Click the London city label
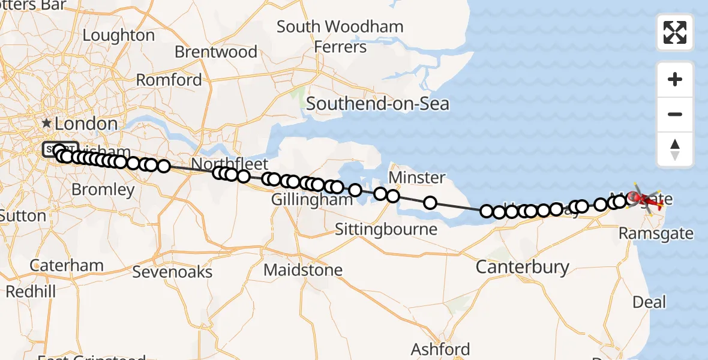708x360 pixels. pyautogui.click(x=86, y=124)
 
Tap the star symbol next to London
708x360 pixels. pyautogui.click(x=47, y=123)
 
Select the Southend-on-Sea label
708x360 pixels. pyautogui.click(x=377, y=104)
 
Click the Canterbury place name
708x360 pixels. pyautogui.click(x=522, y=267)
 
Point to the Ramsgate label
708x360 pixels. pyautogui.click(x=656, y=233)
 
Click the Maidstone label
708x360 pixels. pyautogui.click(x=303, y=270)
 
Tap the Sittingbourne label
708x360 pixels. pyautogui.click(x=386, y=229)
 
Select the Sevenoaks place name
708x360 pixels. pyautogui.click(x=172, y=272)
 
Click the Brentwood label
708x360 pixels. pyautogui.click(x=216, y=52)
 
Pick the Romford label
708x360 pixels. pyautogui.click(x=169, y=80)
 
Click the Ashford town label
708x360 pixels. pyautogui.click(x=440, y=349)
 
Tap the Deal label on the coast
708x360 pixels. pyautogui.click(x=650, y=302)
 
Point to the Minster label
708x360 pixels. pyautogui.click(x=417, y=178)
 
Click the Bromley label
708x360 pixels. pyautogui.click(x=103, y=190)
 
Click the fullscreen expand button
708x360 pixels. pyautogui.click(x=675, y=32)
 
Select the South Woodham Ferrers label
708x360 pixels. pyautogui.click(x=340, y=37)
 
